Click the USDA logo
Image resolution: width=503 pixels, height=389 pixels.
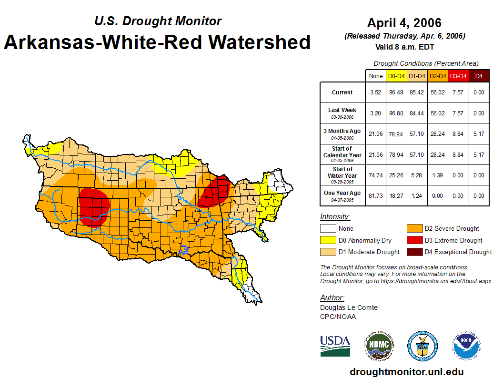coord(335,346)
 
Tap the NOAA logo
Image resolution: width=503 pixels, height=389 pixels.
coord(467,346)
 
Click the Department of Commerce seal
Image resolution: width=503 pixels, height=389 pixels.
coord(422,346)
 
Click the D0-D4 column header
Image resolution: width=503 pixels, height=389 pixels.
coord(396,76)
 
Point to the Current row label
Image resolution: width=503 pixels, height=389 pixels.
coord(342,92)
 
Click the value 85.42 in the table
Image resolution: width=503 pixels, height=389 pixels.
coord(417,92)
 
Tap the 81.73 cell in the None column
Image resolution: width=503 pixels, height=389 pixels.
coord(376,195)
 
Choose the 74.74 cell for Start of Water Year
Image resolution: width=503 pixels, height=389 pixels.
coord(376,175)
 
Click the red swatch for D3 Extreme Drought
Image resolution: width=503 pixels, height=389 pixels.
coord(414,240)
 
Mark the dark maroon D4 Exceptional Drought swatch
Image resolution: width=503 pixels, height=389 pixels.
coord(414,252)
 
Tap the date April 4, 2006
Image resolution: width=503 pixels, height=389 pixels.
coord(404,23)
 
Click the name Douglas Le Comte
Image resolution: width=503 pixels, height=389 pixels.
coord(349,307)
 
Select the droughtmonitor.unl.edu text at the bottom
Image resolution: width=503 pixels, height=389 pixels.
coord(406,372)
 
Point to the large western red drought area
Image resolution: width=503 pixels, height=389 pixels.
coord(94,206)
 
